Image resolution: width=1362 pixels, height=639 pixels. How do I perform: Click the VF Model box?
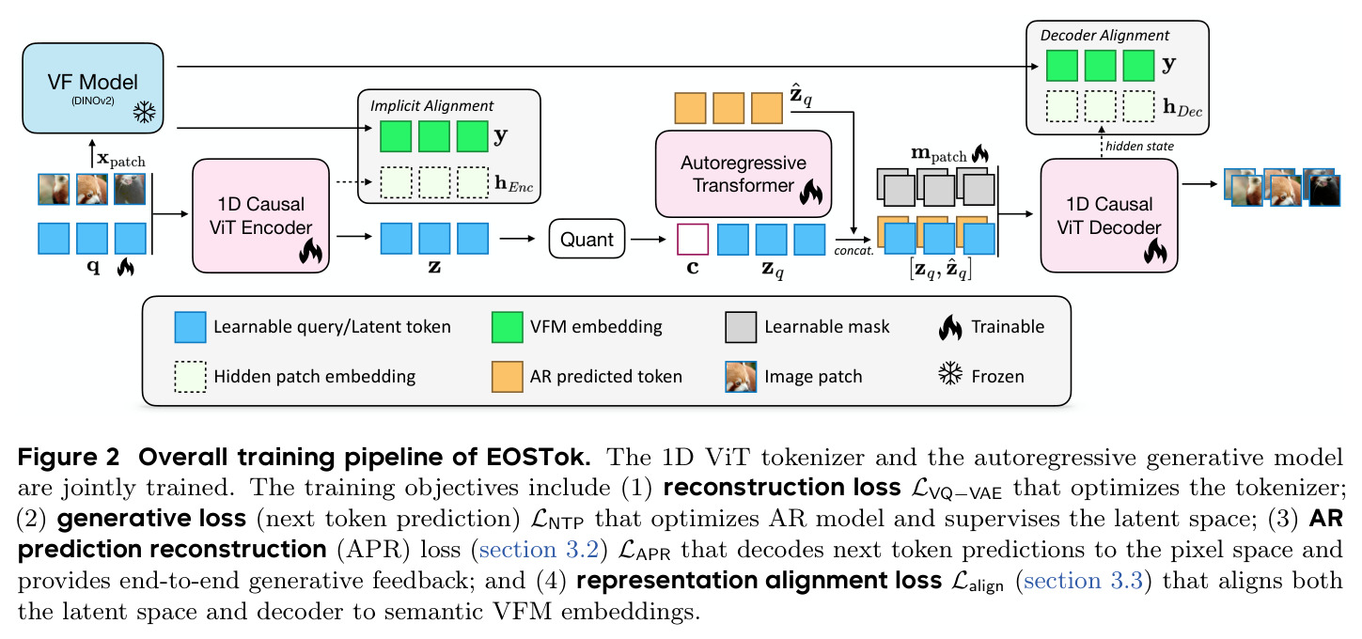[x=93, y=88]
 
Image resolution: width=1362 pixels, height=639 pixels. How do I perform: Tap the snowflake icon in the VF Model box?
[x=144, y=112]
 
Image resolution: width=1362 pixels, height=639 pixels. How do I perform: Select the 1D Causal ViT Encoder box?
[x=261, y=216]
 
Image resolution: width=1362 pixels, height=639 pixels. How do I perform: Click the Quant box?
[x=587, y=239]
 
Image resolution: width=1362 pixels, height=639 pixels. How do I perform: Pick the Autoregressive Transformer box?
[x=744, y=174]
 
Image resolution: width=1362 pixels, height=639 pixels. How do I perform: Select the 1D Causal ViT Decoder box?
[x=1109, y=216]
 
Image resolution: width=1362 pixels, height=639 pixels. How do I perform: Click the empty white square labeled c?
[x=693, y=239]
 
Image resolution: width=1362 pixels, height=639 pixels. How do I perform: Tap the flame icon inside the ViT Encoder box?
[x=311, y=251]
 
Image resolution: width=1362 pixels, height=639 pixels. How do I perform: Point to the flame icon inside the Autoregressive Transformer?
[x=810, y=192]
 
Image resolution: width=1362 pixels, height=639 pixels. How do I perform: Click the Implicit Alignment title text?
[x=431, y=106]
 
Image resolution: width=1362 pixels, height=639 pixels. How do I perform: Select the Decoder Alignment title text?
[x=1104, y=36]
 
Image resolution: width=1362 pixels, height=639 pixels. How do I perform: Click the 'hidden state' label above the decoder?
[x=1139, y=146]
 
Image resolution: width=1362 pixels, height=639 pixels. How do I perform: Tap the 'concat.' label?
[x=853, y=251]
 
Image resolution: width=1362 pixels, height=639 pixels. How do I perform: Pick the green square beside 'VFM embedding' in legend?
[x=507, y=327]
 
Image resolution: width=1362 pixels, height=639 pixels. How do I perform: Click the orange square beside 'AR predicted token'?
[x=507, y=377]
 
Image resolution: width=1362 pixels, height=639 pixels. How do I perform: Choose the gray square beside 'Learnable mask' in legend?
[x=741, y=327]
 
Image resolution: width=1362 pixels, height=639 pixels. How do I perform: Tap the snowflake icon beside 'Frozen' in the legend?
[x=950, y=373]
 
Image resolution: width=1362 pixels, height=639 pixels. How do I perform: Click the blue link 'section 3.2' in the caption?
[x=539, y=550]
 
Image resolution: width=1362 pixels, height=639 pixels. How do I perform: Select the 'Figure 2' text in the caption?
[x=68, y=458]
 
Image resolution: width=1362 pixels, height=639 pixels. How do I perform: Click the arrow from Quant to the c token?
[x=649, y=239]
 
